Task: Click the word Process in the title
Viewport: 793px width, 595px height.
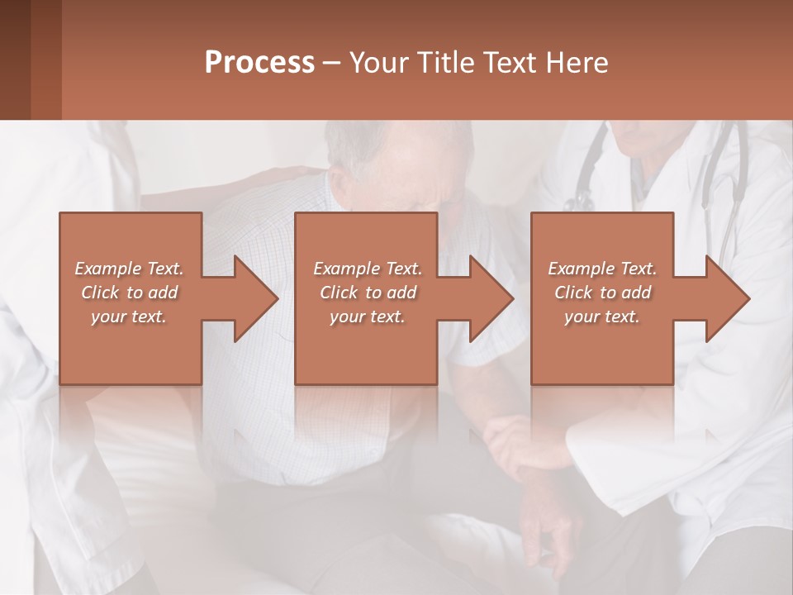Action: [x=259, y=62]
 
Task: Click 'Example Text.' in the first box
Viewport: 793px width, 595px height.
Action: [x=130, y=269]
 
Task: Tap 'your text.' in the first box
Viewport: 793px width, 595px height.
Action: [x=130, y=317]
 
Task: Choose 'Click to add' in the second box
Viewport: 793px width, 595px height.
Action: [x=368, y=293]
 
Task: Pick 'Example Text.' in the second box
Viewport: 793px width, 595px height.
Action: [x=368, y=269]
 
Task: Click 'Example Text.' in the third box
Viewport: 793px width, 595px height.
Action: [x=602, y=269]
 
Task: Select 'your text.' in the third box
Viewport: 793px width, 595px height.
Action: [x=602, y=317]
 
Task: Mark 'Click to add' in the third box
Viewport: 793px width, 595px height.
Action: [x=602, y=293]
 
